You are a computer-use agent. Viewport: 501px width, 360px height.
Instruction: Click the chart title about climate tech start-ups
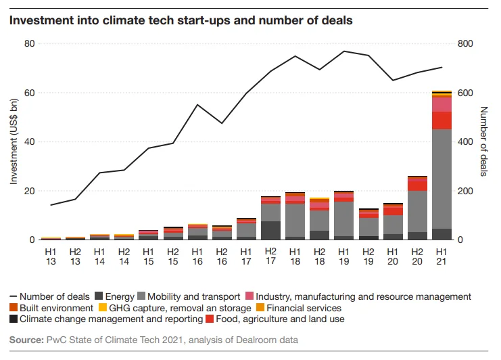click(181, 20)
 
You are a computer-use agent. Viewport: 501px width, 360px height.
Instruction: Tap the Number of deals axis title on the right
click(484, 142)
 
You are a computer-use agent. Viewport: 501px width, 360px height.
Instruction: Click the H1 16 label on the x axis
click(197, 256)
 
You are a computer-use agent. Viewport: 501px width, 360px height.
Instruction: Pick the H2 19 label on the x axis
click(368, 256)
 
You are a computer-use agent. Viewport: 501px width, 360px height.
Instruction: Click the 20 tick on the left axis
click(30, 192)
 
